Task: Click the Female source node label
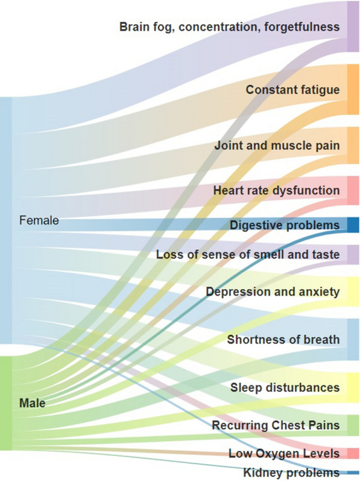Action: point(39,220)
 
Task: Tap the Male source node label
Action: point(32,403)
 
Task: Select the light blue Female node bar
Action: point(6,220)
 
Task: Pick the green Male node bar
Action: point(6,403)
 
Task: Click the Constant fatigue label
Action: point(292,89)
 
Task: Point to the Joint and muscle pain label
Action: point(277,145)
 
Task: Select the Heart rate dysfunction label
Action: point(276,190)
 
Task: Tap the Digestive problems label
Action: point(285,225)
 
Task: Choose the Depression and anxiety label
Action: point(273,291)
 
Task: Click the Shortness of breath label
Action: point(283,340)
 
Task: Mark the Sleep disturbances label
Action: point(285,387)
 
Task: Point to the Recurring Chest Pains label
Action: point(276,425)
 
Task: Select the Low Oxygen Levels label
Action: point(284,453)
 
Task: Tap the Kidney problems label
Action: point(291,473)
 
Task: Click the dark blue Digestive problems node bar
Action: point(353,225)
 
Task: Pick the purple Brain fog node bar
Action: point(353,27)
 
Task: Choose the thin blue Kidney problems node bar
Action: point(353,473)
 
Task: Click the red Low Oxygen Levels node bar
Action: point(353,453)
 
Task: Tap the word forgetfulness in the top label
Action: point(302,27)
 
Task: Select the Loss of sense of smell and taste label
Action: point(248,254)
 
